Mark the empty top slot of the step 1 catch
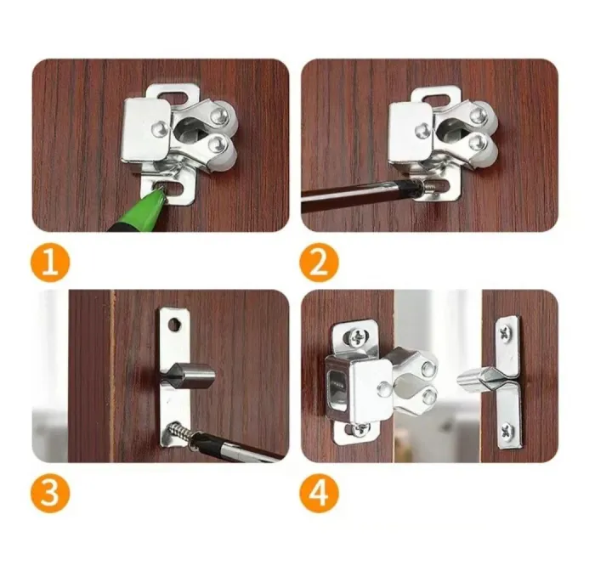[172, 92]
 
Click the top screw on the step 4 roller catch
[356, 337]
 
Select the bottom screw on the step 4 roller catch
[360, 429]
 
